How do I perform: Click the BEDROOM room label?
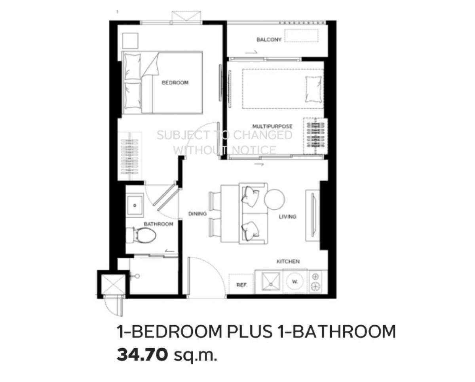(175, 83)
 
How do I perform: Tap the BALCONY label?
(269, 40)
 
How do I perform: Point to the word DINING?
(198, 214)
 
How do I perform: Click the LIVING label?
(287, 217)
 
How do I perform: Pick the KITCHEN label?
(287, 261)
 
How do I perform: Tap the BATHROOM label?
(158, 224)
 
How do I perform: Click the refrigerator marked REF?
(241, 285)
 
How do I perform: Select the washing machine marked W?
(295, 282)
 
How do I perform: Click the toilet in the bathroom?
(141, 235)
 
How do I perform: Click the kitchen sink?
(269, 282)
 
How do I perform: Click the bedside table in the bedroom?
(130, 41)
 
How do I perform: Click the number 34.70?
(142, 355)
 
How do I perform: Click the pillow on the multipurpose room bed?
(312, 88)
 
